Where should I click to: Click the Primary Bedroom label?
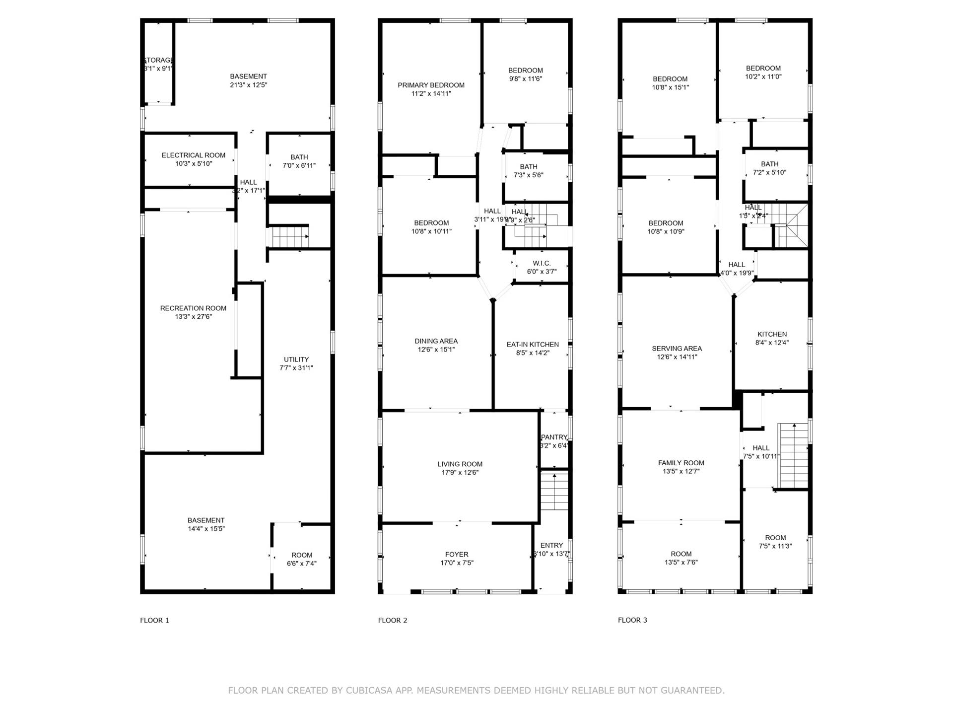[431, 85]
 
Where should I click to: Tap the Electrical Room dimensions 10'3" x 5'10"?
[194, 164]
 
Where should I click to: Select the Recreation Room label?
[193, 308]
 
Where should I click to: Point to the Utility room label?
[296, 359]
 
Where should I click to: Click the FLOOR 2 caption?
[392, 620]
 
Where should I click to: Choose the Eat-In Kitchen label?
[533, 345]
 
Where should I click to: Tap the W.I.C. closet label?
[542, 263]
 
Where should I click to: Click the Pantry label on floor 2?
[554, 437]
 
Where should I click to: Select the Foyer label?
[457, 555]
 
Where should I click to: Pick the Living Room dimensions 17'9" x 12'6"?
[460, 473]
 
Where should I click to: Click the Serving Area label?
[677, 349]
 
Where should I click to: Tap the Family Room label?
[681, 463]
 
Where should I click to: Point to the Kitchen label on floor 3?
[772, 334]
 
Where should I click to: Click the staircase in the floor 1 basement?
[289, 237]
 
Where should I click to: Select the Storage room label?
[158, 60]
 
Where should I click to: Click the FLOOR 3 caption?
[632, 620]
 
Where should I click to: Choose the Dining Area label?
[436, 341]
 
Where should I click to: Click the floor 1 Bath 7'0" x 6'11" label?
[299, 157]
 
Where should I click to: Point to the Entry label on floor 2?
[551, 545]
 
